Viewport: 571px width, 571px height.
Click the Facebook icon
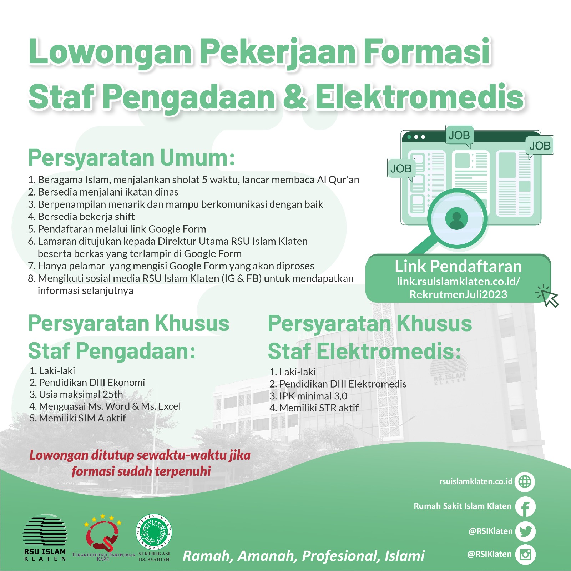click(x=525, y=507)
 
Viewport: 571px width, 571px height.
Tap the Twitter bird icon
click(x=525, y=531)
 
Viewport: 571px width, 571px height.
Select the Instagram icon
click(x=525, y=554)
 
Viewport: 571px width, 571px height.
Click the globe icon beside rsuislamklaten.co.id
click(x=525, y=482)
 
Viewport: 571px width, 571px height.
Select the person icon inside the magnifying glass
click(x=456, y=218)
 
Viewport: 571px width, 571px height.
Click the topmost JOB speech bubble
click(x=459, y=135)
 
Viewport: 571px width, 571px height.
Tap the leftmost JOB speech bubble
click(x=401, y=168)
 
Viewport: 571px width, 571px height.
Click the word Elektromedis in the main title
click(x=420, y=97)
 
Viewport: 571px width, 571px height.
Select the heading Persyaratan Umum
click(x=131, y=158)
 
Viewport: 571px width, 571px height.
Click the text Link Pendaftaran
click(x=458, y=266)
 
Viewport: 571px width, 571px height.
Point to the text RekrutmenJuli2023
click(x=458, y=294)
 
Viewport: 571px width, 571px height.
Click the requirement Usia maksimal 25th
click(x=81, y=394)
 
